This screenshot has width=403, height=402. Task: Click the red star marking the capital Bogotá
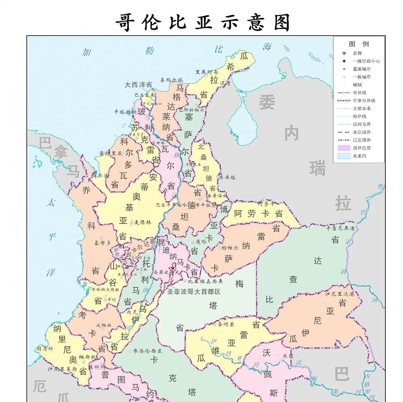pyautogui.click(x=173, y=268)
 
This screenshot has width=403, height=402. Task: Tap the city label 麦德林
pyautogui.click(x=143, y=222)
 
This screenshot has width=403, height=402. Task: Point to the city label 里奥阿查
pyautogui.click(x=207, y=72)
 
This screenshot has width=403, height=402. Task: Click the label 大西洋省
pyautogui.click(x=138, y=85)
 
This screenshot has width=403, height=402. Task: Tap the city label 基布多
pyautogui.click(x=103, y=243)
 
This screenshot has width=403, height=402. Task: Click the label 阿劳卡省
pyautogui.click(x=258, y=214)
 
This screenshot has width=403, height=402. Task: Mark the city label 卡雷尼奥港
pyautogui.click(x=340, y=228)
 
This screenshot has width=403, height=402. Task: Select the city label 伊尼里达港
pyautogui.click(x=340, y=294)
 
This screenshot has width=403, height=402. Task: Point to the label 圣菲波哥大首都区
pyautogui.click(x=194, y=292)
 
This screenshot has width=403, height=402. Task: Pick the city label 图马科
pyautogui.click(x=45, y=349)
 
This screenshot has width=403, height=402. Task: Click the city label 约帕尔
pyautogui.click(x=230, y=248)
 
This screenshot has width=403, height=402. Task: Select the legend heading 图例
pyautogui.click(x=359, y=44)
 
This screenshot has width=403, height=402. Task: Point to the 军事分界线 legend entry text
pyautogui.click(x=364, y=101)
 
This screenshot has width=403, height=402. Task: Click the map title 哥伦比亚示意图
pyautogui.click(x=202, y=23)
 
